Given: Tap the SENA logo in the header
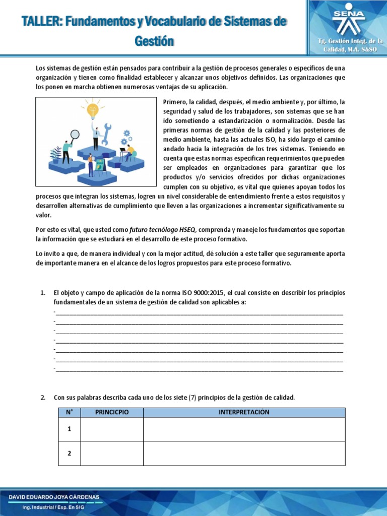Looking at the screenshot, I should (x=347, y=19).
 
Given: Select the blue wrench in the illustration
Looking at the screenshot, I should (x=106, y=130).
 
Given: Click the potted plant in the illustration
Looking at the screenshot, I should (x=56, y=152).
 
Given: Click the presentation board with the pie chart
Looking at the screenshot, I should (x=100, y=164).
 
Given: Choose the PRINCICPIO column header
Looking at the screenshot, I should (x=112, y=412).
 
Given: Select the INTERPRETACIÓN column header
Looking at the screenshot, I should (x=244, y=412).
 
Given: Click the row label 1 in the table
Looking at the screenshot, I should (x=70, y=429).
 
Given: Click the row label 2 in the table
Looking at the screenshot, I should (x=70, y=454).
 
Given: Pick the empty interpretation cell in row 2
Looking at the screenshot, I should (x=244, y=454).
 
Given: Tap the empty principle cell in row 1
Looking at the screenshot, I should (x=112, y=429).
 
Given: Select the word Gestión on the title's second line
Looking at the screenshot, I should (x=154, y=41).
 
